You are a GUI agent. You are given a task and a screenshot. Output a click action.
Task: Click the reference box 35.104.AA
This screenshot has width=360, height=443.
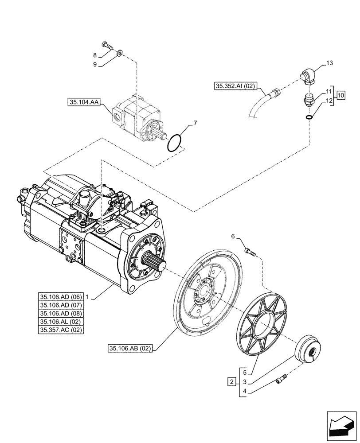point(84,102)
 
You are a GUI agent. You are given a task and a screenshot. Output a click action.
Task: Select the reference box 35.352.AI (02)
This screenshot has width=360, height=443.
point(235,86)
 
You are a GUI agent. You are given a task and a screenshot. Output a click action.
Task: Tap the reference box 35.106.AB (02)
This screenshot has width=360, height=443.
point(129,349)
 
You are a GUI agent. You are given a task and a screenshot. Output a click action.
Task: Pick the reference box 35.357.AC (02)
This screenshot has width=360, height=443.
point(61,330)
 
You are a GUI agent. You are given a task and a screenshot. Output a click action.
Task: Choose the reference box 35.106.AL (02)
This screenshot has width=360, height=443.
point(61,322)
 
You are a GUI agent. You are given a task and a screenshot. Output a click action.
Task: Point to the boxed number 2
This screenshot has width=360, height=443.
point(231,381)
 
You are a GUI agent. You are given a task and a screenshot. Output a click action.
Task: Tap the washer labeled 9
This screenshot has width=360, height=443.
point(120,54)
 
